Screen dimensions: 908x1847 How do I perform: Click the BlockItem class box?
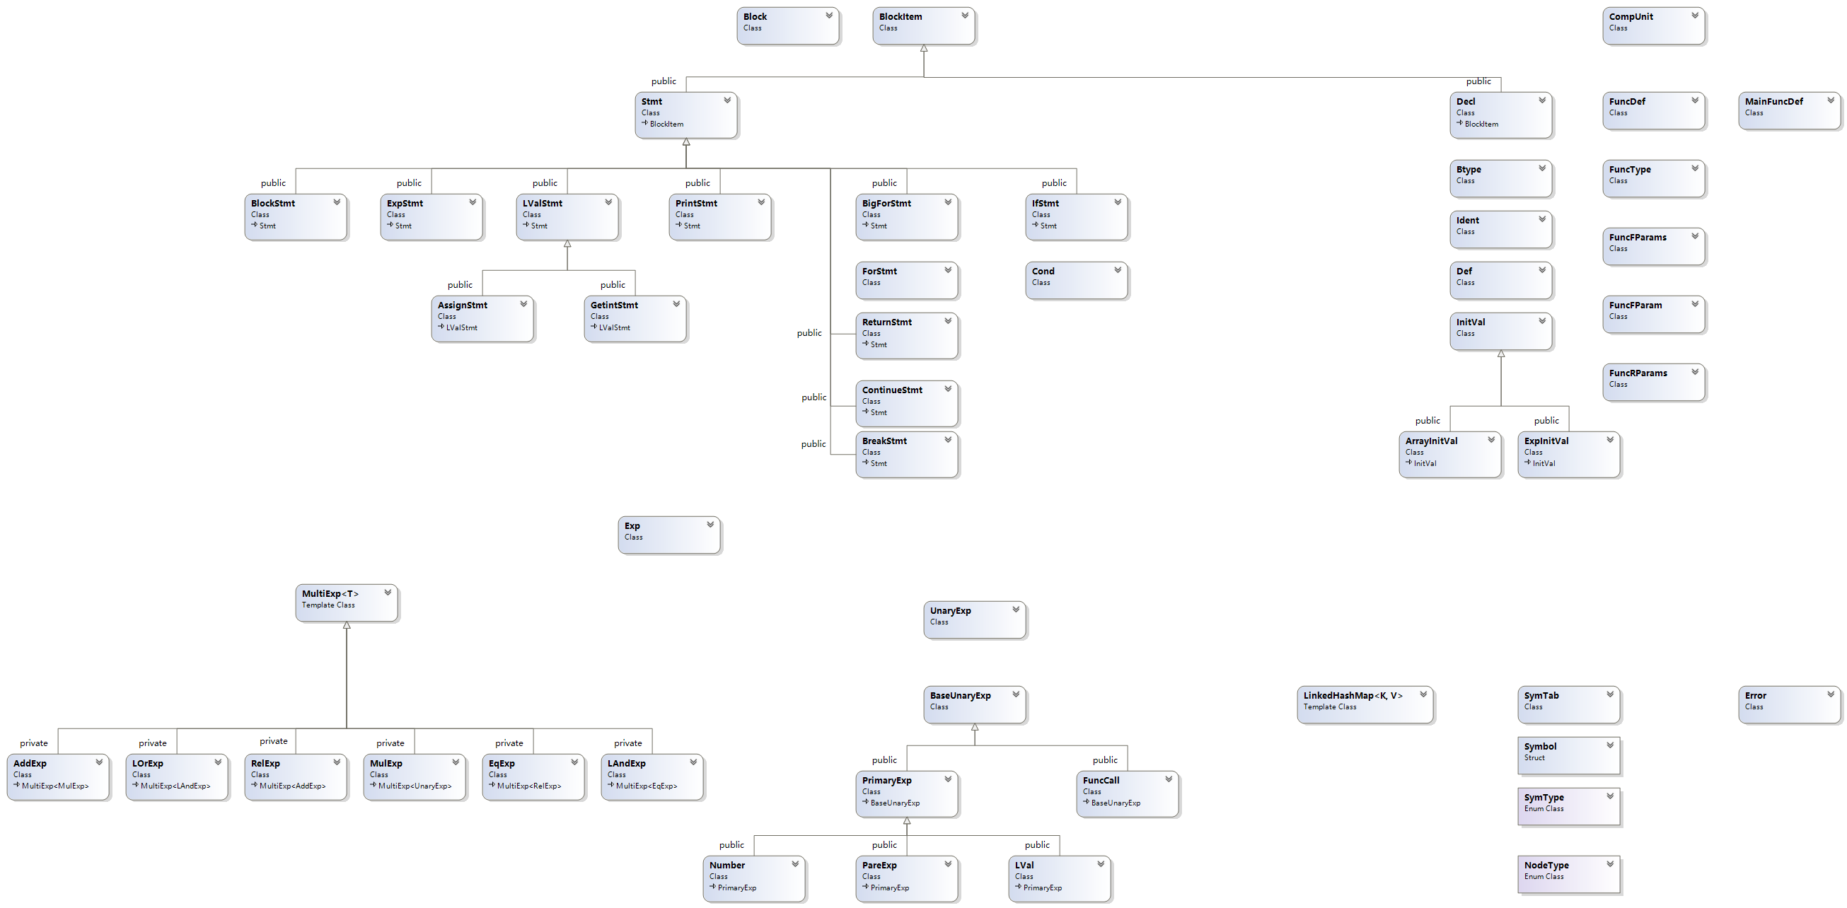point(922,25)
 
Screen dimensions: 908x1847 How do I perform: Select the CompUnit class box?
point(1652,25)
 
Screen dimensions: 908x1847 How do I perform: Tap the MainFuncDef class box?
point(1789,110)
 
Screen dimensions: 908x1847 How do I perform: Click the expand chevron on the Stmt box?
point(727,100)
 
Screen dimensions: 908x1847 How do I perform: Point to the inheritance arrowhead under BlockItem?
point(924,49)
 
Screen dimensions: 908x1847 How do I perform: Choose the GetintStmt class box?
point(635,319)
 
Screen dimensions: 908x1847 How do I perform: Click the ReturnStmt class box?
point(906,335)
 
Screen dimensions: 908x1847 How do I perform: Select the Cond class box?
point(1075,279)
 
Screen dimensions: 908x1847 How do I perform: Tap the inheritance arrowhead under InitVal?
point(1500,354)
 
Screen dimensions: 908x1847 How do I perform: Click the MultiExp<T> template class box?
point(347,602)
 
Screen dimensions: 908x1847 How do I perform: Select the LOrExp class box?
point(176,776)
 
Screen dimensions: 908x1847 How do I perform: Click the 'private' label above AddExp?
point(34,743)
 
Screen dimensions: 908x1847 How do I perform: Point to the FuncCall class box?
point(1127,793)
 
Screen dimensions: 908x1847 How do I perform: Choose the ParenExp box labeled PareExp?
point(906,878)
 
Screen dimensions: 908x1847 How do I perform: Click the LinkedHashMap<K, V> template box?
point(1365,704)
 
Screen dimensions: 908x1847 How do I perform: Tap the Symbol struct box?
point(1568,755)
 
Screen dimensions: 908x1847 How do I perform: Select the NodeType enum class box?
point(1568,873)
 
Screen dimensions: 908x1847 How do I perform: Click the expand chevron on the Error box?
point(1831,694)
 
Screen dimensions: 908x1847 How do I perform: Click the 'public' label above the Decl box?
point(1478,82)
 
